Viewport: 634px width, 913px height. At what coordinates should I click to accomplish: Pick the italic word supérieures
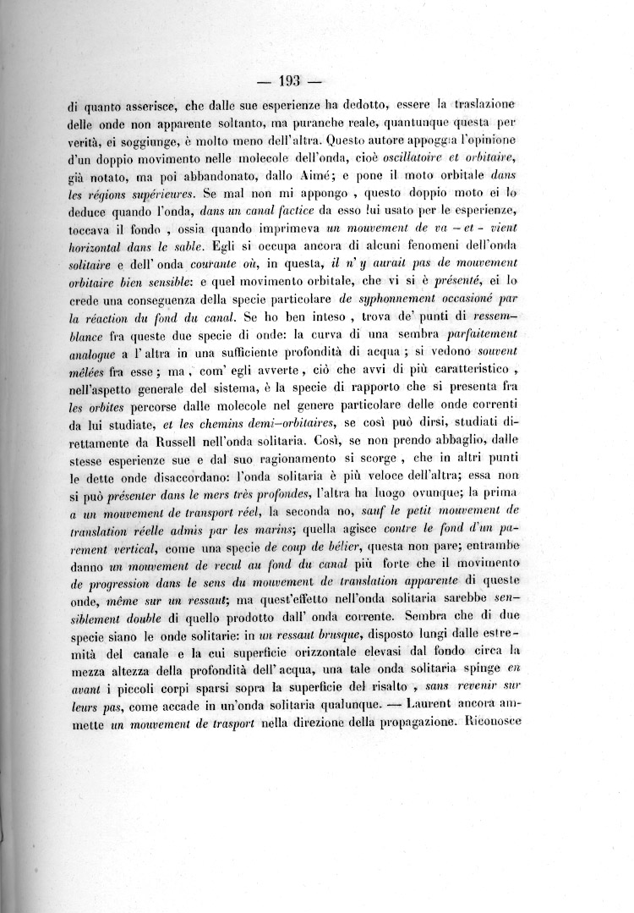click(154, 196)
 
